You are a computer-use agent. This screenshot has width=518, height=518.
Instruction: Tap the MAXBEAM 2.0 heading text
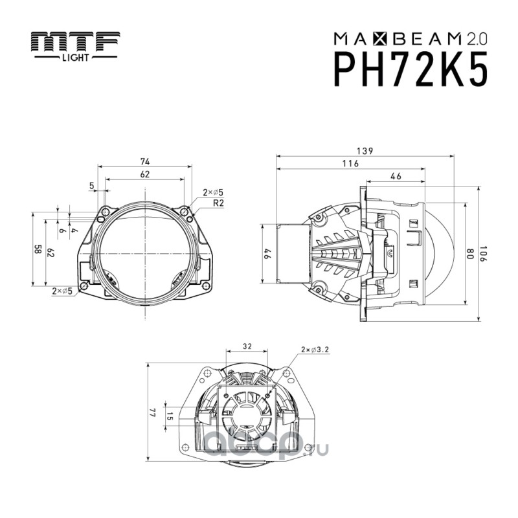click(x=411, y=38)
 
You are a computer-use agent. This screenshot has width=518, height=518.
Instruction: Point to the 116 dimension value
click(x=350, y=164)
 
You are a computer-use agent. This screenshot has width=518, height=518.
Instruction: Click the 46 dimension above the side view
click(x=396, y=176)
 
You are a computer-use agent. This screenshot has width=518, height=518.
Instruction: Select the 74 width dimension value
click(x=145, y=161)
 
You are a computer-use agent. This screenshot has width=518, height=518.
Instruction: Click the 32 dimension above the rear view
click(x=246, y=346)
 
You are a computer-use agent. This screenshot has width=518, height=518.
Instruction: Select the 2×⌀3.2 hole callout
click(x=315, y=349)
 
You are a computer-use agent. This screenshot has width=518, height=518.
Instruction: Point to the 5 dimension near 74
click(x=92, y=186)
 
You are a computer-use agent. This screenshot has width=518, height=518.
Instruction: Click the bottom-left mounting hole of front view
click(x=83, y=286)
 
